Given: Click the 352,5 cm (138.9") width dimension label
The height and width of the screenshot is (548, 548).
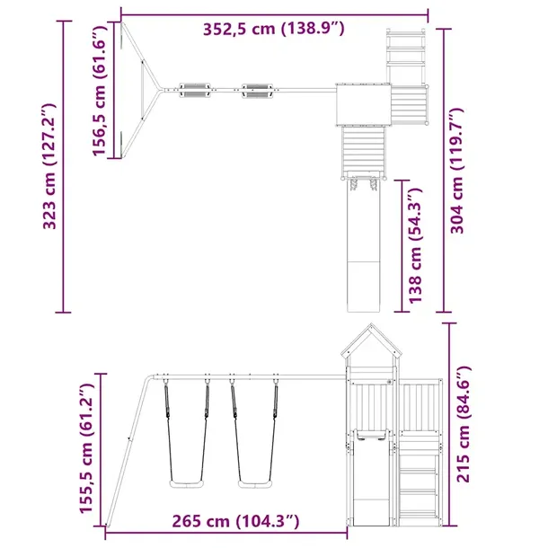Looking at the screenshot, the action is pos(274,29).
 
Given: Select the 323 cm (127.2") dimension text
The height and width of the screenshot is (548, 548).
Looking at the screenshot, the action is pos(49,166).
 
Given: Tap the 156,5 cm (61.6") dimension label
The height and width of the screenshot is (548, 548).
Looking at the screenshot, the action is pos(99,91).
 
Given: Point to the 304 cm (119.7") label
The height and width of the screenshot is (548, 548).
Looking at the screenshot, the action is pos(456,171).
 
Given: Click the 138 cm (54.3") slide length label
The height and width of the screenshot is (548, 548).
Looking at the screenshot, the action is pos(415,245).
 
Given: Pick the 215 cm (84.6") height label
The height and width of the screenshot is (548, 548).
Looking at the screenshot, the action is pos(464,424).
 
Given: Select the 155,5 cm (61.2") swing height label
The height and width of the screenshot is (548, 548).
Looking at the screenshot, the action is pos(86,448).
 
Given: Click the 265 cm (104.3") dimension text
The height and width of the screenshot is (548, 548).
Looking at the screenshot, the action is pos(235,521).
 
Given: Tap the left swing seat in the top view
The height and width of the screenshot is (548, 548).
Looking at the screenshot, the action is pos(195,90).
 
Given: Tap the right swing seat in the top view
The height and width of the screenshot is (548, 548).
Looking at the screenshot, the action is pos(258,91).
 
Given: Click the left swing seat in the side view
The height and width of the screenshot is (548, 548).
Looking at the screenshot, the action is pos(186,484).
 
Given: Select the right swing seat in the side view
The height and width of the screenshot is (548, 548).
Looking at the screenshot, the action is pos(254,484).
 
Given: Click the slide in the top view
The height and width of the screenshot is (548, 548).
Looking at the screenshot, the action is pos(364,245).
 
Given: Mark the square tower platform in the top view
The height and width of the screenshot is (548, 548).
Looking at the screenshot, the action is pos(363,105).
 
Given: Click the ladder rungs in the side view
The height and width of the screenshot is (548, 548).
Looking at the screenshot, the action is pos(418,485).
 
